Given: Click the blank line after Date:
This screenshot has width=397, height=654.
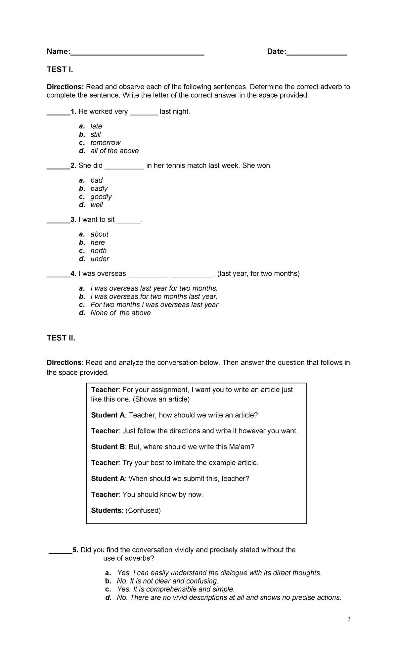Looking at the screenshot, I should pos(316,53).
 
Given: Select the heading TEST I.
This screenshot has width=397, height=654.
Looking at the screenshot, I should pos(60,70).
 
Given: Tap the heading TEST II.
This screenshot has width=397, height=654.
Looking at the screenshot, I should pos(61,338).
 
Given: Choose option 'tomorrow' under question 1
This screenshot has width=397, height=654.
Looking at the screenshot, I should pos(105,143).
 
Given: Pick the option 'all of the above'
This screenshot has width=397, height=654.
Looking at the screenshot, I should pos(114,151).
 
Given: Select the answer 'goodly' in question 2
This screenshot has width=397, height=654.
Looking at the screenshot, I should pos(101,197).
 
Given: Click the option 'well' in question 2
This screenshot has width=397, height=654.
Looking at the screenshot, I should pos(97,205).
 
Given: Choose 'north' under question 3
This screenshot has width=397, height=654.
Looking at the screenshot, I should pos(99,251).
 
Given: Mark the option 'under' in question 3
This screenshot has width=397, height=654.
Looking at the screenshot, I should pos(100,259).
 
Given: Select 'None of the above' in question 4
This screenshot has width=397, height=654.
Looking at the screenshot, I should pos(120,313).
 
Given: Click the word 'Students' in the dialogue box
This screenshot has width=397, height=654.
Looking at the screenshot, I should pos(106,510).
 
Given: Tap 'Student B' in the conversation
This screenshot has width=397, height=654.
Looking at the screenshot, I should pos(108,447).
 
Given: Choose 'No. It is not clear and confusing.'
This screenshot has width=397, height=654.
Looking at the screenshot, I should pos(167,581).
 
